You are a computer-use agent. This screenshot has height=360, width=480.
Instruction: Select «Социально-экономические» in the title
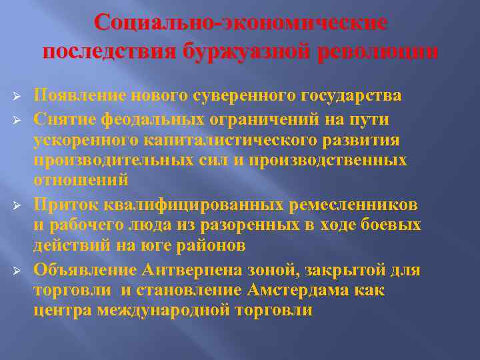240,23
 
